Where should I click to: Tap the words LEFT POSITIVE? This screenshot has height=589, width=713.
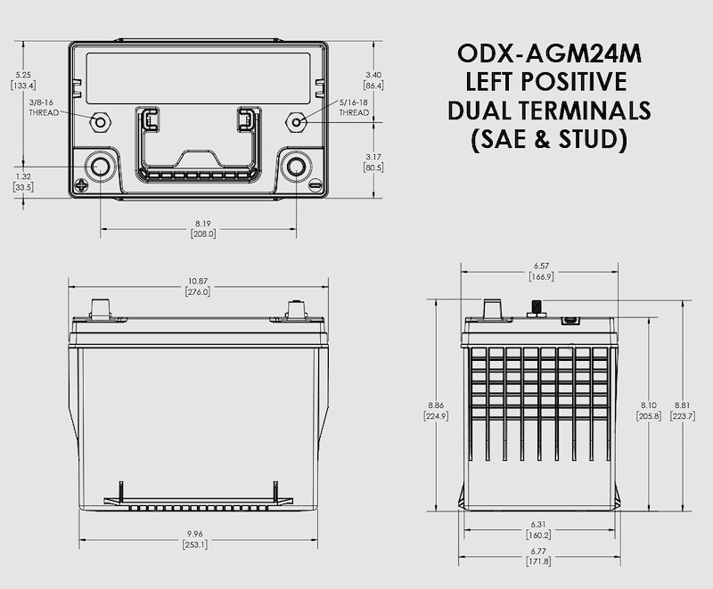click(546, 83)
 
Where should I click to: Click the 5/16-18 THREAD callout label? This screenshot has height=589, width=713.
click(354, 108)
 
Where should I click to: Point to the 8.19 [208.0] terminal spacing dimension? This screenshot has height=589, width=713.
click(203, 228)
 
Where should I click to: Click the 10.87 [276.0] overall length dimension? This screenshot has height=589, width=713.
click(197, 286)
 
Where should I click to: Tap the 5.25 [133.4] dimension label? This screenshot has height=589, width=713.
click(22, 80)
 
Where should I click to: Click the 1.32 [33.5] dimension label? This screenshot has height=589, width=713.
click(22, 182)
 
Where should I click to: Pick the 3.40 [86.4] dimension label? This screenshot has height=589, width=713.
click(373, 80)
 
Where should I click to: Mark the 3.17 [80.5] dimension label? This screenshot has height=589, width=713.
click(373, 161)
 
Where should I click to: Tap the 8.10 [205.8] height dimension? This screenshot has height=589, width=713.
click(648, 411)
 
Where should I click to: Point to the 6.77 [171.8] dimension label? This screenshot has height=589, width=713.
click(539, 555)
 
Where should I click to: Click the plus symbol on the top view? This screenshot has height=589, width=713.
click(83, 186)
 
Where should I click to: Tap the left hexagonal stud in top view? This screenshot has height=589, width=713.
click(100, 119)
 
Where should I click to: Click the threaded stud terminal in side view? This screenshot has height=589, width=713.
click(537, 308)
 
